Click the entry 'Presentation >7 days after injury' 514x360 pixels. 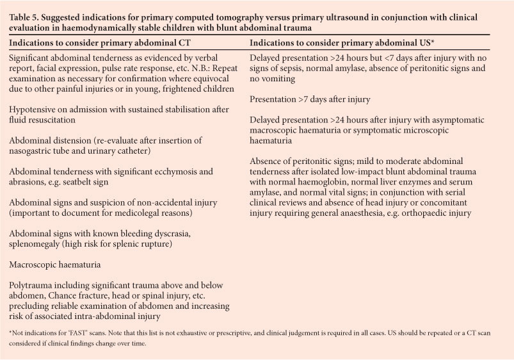(314, 99)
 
